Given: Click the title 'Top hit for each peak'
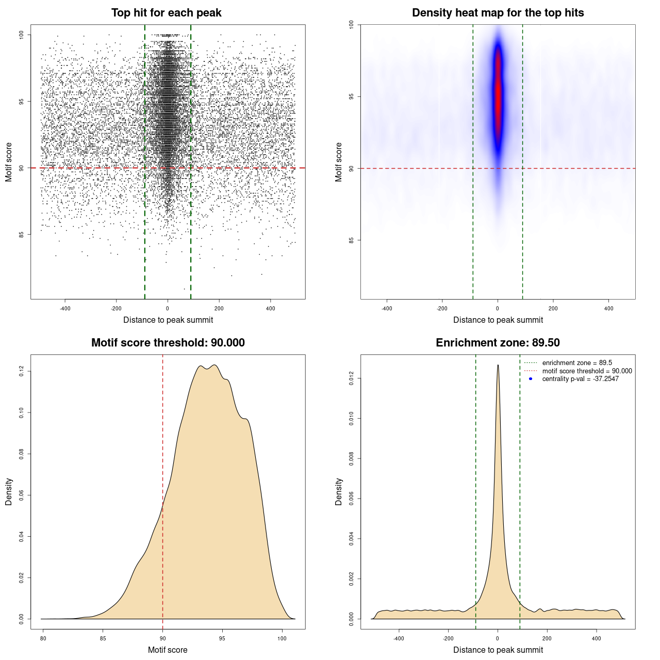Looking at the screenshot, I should coord(166,13).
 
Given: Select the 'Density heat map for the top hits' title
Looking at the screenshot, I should coord(498,13).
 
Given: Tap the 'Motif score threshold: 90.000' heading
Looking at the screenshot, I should coord(168,343).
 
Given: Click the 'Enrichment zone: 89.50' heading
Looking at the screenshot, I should coord(498,343).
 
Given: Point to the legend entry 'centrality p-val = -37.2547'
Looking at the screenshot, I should coord(580,379).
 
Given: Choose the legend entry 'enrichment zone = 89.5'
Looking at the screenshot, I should coord(577,363).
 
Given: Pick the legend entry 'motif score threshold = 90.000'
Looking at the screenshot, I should coord(587,371).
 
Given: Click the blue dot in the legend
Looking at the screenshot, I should coord(531,379).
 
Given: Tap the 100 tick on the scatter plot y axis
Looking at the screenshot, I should coord(22,35).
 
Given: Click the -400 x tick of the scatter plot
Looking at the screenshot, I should coord(65,308).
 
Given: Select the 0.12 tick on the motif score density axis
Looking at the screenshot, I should coord(22,371).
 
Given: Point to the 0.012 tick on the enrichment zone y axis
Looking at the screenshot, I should coord(352,379).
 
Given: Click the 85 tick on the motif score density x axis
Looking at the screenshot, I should coord(103,638).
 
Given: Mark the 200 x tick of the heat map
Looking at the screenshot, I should coord(553,308).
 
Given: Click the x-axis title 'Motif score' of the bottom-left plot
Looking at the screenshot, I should coord(168,650).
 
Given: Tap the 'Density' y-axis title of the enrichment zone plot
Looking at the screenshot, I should coord(339,491).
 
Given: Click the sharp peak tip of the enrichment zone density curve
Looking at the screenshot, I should coord(498,366).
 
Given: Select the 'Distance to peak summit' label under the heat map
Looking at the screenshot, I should coord(498,320).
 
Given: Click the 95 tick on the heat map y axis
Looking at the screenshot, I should coord(352,96).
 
